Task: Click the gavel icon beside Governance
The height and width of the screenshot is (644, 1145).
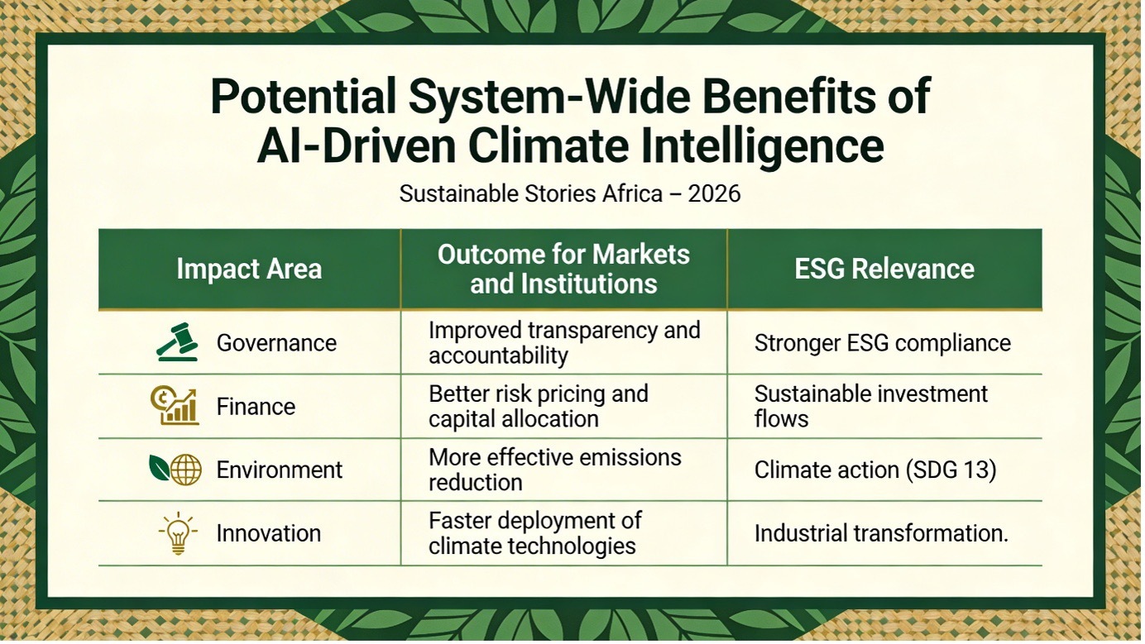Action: point(177,342)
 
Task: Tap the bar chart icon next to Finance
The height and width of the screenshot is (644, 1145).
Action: point(175,406)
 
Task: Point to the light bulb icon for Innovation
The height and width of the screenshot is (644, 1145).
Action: point(177,532)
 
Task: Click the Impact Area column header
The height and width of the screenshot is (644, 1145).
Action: point(250,269)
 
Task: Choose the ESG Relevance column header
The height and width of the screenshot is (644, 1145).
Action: point(884,269)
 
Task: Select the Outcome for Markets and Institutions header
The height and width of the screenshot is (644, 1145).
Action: point(563,269)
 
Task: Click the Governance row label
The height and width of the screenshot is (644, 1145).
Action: point(276,343)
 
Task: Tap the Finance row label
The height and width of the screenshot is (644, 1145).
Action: point(256,407)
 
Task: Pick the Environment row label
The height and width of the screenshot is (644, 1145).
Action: point(279,470)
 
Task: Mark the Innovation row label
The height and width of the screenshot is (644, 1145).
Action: point(269,533)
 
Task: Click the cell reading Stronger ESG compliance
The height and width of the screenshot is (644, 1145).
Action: point(883,343)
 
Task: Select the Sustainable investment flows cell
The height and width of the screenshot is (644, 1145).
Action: point(871,407)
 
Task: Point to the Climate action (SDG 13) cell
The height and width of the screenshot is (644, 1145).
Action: point(875,470)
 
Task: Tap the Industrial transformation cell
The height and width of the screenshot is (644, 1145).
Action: point(881,533)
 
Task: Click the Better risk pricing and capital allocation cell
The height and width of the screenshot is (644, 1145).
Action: point(539,407)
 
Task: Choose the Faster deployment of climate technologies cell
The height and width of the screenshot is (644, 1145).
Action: point(535,533)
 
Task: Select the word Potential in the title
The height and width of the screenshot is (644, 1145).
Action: point(304,96)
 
